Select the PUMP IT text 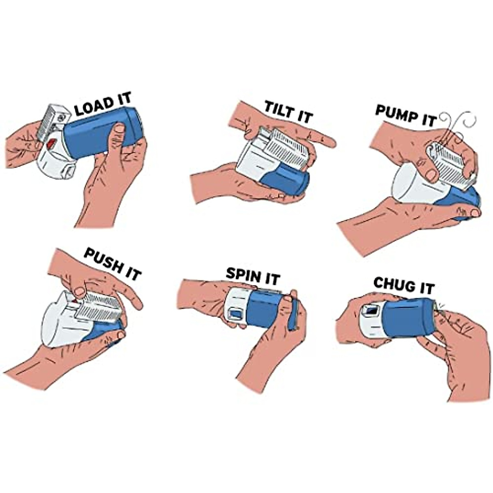click(x=405, y=113)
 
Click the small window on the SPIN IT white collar click(x=236, y=314)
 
